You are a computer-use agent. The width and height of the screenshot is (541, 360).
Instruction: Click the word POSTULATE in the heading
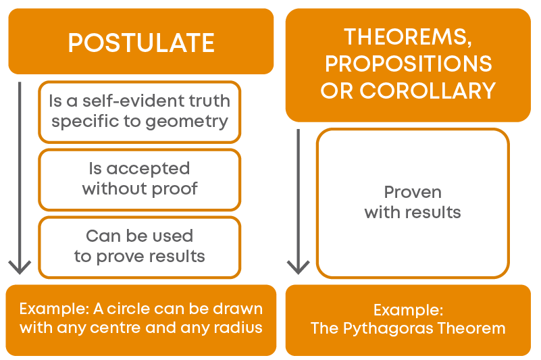[141, 43]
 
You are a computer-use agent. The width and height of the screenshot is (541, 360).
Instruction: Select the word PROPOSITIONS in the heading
[409, 63]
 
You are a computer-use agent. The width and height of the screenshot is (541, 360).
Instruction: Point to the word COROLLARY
[428, 91]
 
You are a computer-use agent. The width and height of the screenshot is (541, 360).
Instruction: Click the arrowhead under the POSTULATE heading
[20, 267]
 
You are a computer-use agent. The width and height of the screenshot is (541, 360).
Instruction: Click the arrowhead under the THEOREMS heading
[298, 267]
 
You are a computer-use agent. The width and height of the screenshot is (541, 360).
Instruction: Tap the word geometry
[186, 122]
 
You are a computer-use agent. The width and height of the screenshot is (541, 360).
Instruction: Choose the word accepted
[148, 169]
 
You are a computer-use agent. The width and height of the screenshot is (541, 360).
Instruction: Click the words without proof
[140, 188]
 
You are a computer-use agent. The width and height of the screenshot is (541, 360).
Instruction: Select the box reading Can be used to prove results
[139, 247]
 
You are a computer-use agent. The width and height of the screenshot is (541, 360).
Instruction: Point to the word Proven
[413, 192]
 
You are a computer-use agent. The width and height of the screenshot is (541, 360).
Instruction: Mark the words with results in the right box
[413, 212]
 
